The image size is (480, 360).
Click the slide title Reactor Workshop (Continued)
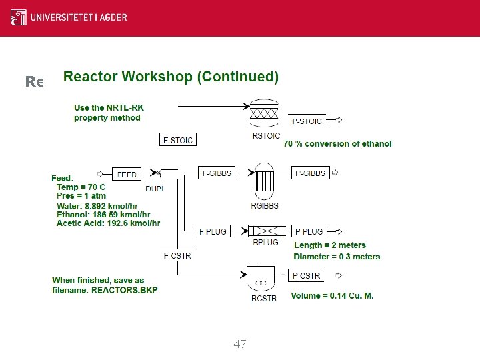(x=171, y=77)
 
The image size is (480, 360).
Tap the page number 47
(x=240, y=344)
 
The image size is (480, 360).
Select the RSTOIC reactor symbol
(x=263, y=113)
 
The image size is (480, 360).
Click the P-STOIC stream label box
(x=309, y=121)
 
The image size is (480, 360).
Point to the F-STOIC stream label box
(x=178, y=140)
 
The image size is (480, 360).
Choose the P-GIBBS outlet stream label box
(x=310, y=173)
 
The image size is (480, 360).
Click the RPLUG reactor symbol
(x=265, y=231)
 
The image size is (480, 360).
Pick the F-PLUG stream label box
(x=213, y=231)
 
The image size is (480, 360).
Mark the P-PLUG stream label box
(x=309, y=231)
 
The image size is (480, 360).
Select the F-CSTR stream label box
(x=177, y=254)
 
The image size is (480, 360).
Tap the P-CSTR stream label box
(x=307, y=275)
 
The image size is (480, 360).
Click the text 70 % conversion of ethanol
(x=337, y=143)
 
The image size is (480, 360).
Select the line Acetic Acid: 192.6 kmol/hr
(x=108, y=223)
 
